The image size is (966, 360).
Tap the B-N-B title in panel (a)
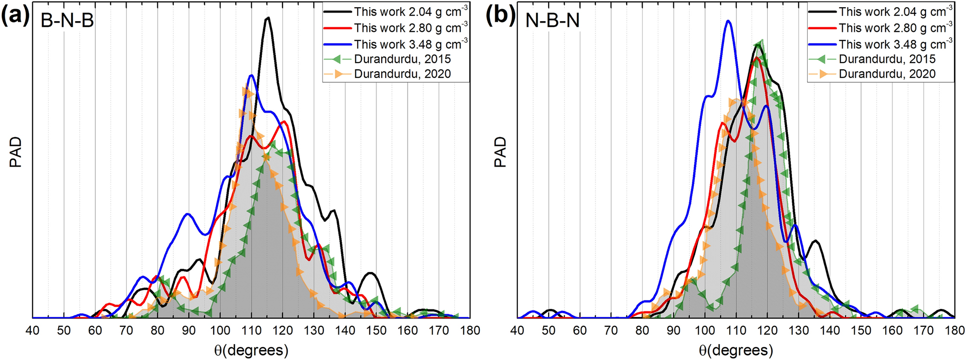[x=67, y=20]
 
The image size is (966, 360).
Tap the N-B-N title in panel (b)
[x=552, y=20]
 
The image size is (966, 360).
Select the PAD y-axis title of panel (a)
[x=16, y=152]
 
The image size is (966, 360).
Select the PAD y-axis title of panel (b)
[x=501, y=152]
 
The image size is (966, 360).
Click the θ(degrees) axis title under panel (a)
[x=251, y=350]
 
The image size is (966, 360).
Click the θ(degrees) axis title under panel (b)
[x=736, y=350]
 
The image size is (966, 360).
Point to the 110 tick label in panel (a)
[x=251, y=331]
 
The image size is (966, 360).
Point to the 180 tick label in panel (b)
[x=955, y=331]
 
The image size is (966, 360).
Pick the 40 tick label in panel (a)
[x=32, y=331]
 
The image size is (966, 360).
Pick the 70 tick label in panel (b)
[x=611, y=331]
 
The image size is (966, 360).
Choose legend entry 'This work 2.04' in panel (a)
[x=411, y=12]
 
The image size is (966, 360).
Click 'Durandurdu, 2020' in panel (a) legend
[x=402, y=74]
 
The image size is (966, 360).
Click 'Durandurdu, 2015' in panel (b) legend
[x=887, y=59]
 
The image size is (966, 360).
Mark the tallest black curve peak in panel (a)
[x=268, y=18]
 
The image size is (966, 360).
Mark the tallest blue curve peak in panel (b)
[x=729, y=21]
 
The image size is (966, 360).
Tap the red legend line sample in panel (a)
[x=337, y=28]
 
